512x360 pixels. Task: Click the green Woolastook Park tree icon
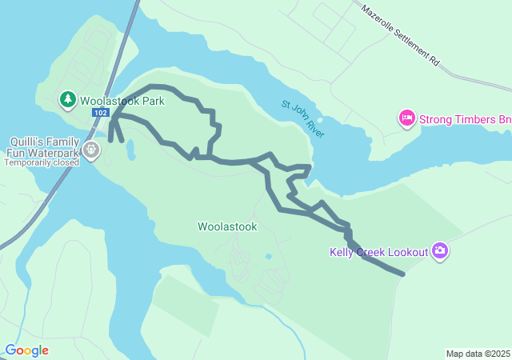pos(68,100)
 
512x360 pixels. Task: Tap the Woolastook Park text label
pos(122,101)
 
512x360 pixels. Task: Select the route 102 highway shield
pos(100,113)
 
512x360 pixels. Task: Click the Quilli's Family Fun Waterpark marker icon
pos(91,150)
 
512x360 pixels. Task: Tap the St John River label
pos(303,118)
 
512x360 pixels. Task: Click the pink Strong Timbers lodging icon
pos(406,119)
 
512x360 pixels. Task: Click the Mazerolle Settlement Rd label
pos(401,36)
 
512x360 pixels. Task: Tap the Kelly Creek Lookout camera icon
pos(439,252)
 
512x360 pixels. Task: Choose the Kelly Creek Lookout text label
pos(379,252)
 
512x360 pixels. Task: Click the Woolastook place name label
pos(228,226)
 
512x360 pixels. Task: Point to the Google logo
pos(26,350)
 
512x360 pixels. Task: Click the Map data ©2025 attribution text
pos(478,354)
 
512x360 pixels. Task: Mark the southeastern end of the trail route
pos(402,274)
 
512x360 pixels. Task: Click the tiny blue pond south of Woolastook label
pos(268,257)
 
